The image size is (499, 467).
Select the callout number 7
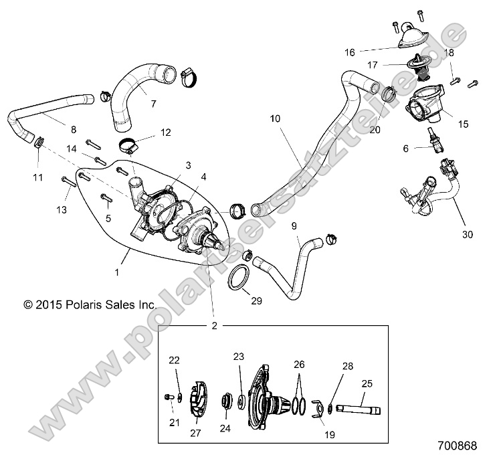pyautogui.click(x=153, y=104)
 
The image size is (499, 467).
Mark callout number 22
pyautogui.click(x=174, y=361)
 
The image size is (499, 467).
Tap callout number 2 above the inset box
pyautogui.click(x=215, y=326)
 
